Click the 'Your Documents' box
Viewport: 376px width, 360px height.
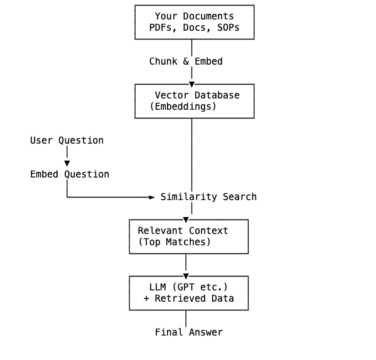194,22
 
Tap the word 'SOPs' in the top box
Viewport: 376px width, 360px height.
228,28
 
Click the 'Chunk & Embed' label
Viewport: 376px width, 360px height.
186,61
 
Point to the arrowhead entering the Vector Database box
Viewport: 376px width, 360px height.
191,84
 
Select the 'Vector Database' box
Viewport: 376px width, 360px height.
194,101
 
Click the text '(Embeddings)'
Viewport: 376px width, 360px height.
183,107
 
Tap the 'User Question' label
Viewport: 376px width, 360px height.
67,140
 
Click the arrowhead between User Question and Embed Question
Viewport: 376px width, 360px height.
67,163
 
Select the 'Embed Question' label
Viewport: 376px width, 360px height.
70,174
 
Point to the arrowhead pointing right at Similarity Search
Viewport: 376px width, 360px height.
151,197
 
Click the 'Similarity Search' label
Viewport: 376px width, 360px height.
208,197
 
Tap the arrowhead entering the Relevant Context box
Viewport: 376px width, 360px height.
186,220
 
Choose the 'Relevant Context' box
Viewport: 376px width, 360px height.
188,236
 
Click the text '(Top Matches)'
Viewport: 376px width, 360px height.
175,242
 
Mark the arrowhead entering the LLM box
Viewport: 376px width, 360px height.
186,276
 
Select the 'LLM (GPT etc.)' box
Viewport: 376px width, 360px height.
188,293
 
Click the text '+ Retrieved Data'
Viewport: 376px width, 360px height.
188,299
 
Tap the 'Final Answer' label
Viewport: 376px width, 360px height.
188,332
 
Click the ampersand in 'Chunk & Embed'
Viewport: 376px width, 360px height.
186,61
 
